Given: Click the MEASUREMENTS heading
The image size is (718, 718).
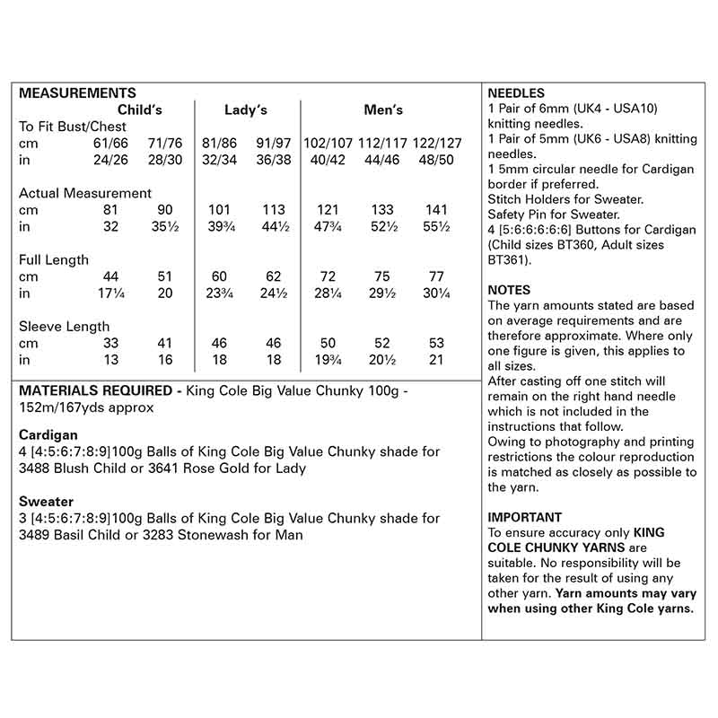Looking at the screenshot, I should point(77,93).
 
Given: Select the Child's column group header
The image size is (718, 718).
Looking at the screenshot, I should point(140,110).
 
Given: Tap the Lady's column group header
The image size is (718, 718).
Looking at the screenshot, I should point(245,110).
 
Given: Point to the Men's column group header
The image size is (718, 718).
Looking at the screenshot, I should point(383,110).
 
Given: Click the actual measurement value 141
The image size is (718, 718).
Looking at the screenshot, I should point(437,210).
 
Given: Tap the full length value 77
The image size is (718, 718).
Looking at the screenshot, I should point(437,276).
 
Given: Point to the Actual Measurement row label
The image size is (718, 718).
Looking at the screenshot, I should point(85,193).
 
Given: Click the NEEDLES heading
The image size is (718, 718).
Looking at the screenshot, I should point(516,93).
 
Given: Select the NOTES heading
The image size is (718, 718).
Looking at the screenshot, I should point(509,290).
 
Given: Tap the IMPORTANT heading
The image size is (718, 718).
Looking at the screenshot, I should point(524,517).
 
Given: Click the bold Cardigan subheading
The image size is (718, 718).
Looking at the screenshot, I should point(47,434).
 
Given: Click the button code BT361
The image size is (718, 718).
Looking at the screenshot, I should point(508,260).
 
